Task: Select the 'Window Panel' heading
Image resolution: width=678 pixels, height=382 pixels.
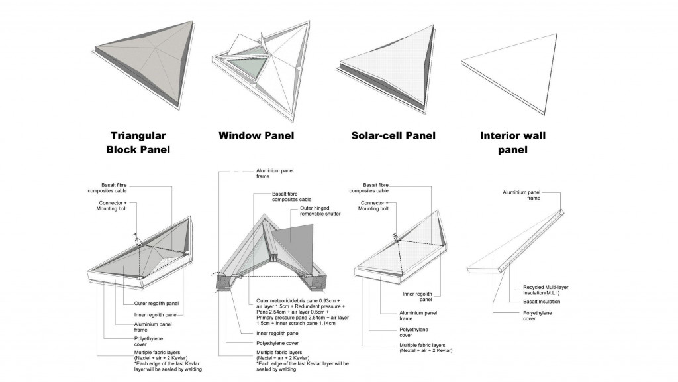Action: (256, 136)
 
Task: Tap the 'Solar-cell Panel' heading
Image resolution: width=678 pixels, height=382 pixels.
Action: (393, 136)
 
